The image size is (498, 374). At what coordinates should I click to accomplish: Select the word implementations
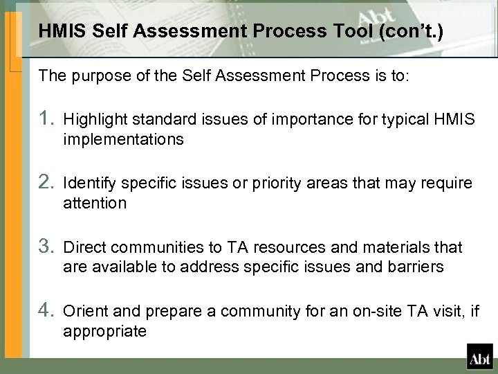tap(123, 141)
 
